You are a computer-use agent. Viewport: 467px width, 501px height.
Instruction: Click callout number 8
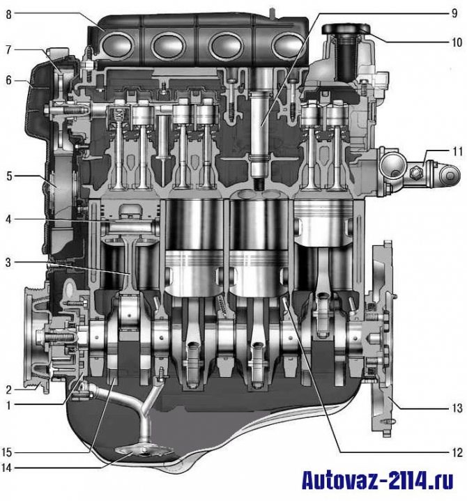[x=8, y=15]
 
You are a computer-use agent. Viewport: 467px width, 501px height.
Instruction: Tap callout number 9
[x=454, y=13]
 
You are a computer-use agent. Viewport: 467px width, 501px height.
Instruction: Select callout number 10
[x=457, y=43]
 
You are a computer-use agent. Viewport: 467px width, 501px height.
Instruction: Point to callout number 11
[x=458, y=151]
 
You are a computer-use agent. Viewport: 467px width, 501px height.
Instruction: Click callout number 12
[x=457, y=452]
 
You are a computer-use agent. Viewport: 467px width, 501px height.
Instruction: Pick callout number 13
[x=457, y=408]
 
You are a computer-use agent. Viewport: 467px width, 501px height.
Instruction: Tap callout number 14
[x=6, y=468]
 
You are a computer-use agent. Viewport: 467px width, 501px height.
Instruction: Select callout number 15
[x=6, y=452]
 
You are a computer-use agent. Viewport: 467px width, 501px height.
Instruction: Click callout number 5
[x=9, y=176]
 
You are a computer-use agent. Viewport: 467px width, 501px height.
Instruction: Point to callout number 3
[x=8, y=263]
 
